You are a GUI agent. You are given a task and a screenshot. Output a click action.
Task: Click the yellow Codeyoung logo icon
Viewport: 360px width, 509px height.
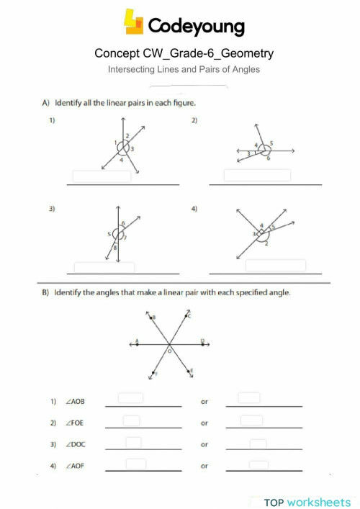[x=134, y=22]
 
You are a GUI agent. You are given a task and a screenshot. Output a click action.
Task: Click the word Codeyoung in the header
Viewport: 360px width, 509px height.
[x=196, y=27]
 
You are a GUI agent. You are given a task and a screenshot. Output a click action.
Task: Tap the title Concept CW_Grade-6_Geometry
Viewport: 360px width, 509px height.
[x=184, y=54]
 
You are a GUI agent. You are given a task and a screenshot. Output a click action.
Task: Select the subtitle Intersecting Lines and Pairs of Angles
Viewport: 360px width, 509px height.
[x=184, y=70]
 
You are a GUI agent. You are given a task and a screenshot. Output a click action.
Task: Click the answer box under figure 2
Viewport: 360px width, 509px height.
[x=257, y=175]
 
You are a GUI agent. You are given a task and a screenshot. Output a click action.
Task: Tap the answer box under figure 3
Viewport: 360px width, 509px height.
[x=104, y=267]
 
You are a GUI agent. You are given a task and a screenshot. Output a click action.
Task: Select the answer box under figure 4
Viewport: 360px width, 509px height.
[x=271, y=265]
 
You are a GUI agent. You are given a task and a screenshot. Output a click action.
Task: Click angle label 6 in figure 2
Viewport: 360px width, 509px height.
[x=268, y=158]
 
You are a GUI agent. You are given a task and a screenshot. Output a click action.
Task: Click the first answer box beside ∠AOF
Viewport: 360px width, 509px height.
[x=136, y=464]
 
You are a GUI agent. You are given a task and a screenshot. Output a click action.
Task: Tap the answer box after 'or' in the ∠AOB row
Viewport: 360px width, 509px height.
[x=249, y=397]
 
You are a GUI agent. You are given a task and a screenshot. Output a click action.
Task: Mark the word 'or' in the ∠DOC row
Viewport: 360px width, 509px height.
[x=204, y=445]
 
